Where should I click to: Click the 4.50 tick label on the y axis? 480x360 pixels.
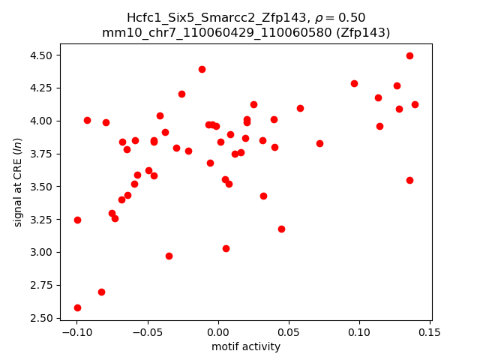click(x=41, y=55)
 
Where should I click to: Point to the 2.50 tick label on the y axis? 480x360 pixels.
click(x=41, y=318)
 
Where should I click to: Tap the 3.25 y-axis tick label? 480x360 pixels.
click(x=41, y=220)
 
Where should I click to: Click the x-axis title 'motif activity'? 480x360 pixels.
click(x=246, y=346)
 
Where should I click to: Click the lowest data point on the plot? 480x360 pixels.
click(x=77, y=307)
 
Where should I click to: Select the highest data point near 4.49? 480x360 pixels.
click(x=409, y=55)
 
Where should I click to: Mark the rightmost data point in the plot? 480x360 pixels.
click(x=415, y=104)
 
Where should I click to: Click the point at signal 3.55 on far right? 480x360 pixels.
click(x=409, y=180)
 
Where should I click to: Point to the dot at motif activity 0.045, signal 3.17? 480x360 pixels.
click(x=281, y=229)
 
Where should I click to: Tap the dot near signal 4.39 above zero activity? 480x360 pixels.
click(x=202, y=69)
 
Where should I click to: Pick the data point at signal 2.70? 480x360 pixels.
click(x=101, y=292)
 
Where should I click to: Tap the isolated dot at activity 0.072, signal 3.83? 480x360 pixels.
click(x=319, y=143)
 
